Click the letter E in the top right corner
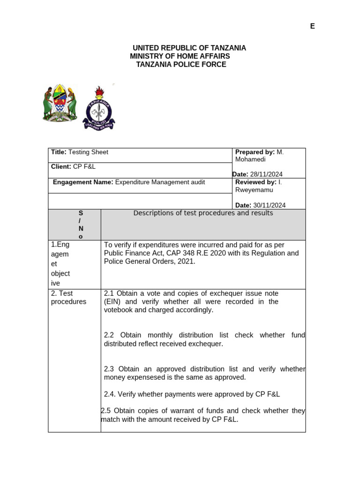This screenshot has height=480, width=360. (312, 26)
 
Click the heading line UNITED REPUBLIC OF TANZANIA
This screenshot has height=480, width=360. (189, 48)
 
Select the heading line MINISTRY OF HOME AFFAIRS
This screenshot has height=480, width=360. (180, 56)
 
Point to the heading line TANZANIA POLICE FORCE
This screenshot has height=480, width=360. (181, 64)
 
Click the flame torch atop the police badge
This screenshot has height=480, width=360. (99, 91)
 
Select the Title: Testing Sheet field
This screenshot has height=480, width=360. (79, 152)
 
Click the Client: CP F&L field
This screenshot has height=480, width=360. (73, 166)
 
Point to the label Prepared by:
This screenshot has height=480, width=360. (255, 152)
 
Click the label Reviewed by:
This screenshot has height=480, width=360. (255, 182)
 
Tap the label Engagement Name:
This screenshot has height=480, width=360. (83, 182)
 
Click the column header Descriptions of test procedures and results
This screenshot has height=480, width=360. (203, 213)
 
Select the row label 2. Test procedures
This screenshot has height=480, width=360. (68, 298)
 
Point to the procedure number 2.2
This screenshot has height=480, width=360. (109, 335)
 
